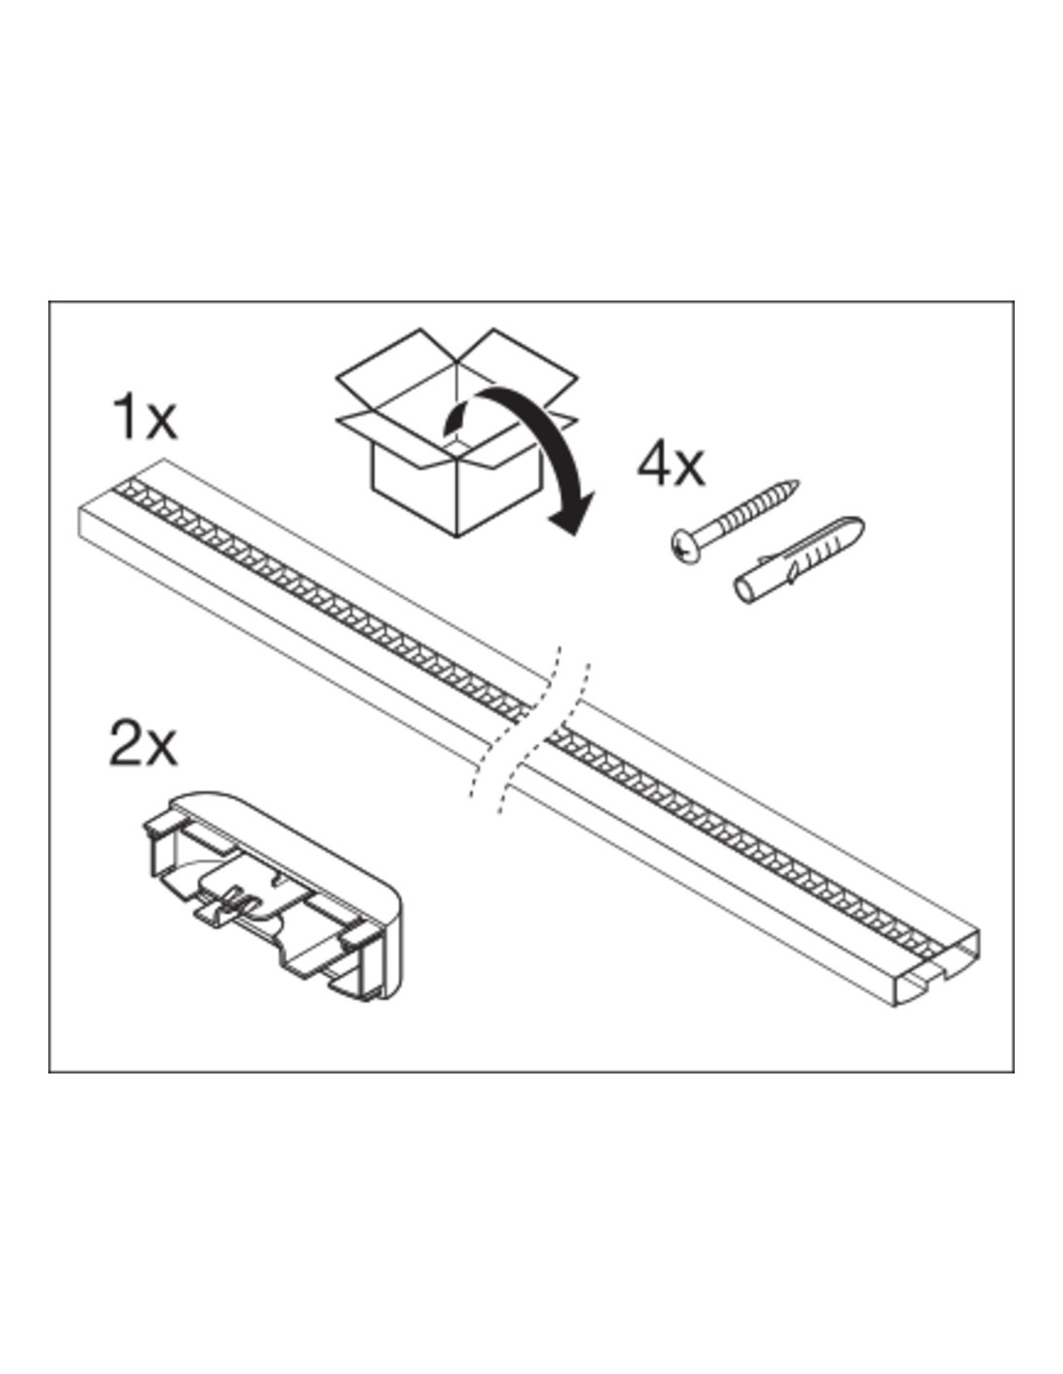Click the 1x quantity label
(x=144, y=416)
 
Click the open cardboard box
(x=456, y=433)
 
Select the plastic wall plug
(x=798, y=560)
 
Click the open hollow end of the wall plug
(x=744, y=590)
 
